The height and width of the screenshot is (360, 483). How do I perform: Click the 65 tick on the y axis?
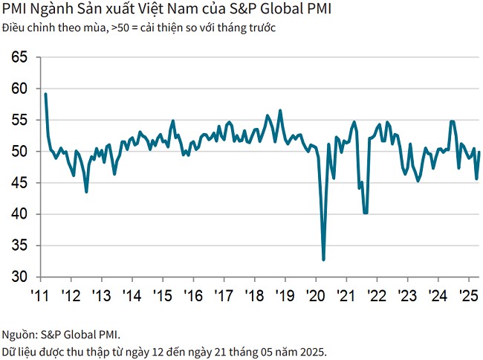pyautogui.click(x=19, y=57)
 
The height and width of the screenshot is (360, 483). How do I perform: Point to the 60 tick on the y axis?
pyautogui.click(x=19, y=89)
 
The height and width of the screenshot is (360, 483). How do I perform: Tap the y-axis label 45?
pyautogui.click(x=19, y=183)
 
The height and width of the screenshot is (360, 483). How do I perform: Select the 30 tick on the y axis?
pyautogui.click(x=19, y=277)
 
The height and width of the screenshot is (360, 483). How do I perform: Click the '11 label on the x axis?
pyautogui.click(x=41, y=296)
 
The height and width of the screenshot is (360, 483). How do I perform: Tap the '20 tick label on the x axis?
pyautogui.click(x=315, y=296)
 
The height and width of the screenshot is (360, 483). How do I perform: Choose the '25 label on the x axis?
pyautogui.click(x=468, y=296)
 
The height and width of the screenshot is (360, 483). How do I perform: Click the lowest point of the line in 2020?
pyautogui.click(x=323, y=260)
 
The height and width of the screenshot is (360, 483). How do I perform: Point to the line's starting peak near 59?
pyautogui.click(x=45, y=94)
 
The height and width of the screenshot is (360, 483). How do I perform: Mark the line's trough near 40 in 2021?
pyautogui.click(x=366, y=213)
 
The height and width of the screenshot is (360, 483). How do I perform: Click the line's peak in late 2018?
pyautogui.click(x=280, y=110)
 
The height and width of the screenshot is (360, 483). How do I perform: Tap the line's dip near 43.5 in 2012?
pyautogui.click(x=86, y=192)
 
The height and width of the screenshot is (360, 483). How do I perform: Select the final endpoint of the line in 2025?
pyautogui.click(x=479, y=152)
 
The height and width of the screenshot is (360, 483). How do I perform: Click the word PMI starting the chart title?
pyautogui.click(x=15, y=11)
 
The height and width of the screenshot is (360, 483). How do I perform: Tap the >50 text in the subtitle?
pyautogui.click(x=121, y=28)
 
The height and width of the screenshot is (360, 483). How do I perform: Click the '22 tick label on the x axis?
pyautogui.click(x=377, y=296)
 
